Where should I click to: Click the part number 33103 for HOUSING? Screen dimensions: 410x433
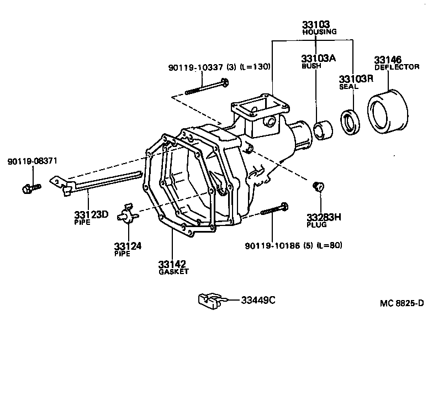[x=315, y=24]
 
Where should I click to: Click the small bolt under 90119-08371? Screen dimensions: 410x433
[x=30, y=188]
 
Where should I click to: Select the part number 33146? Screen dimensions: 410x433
[x=387, y=60]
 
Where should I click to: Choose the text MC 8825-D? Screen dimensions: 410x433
[x=402, y=303]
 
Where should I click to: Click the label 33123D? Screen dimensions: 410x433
[x=90, y=214]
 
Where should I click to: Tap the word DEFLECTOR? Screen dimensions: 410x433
[x=397, y=67]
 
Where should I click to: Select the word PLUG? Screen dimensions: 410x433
[x=317, y=225]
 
